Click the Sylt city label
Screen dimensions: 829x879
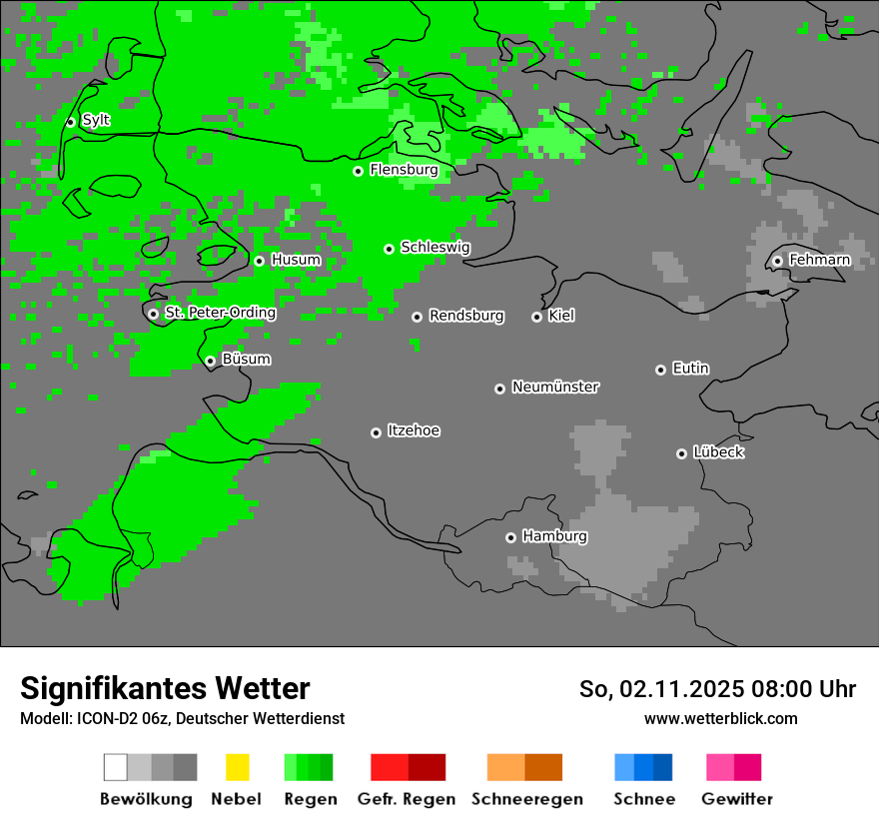tap(96, 120)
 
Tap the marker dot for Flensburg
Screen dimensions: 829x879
tap(358, 171)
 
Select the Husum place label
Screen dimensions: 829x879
tap(296, 260)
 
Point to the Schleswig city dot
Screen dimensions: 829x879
tap(389, 249)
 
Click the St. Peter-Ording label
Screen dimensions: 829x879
tap(220, 313)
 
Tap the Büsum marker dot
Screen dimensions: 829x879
tap(210, 361)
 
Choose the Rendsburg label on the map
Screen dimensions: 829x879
tap(466, 316)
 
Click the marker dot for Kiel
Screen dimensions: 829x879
tap(536, 317)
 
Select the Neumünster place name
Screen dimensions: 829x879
tap(555, 387)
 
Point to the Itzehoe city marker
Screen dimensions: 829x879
tap(376, 432)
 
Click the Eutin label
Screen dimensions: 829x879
tap(690, 369)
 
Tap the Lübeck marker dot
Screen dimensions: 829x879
tap(681, 453)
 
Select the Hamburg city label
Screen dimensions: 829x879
tap(554, 536)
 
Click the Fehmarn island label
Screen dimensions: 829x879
tap(819, 260)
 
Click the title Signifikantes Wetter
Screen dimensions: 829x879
tap(165, 688)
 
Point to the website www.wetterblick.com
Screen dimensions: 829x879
tap(720, 718)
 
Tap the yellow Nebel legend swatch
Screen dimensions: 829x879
tap(237, 767)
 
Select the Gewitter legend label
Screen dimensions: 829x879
tap(736, 799)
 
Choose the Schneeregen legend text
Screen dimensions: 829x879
tap(526, 799)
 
